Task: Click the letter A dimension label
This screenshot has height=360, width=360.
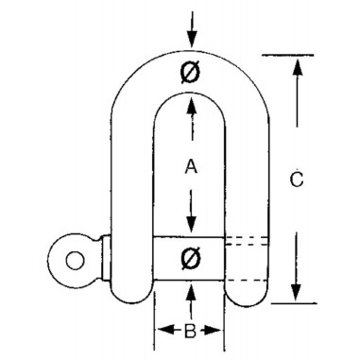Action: (x=190, y=167)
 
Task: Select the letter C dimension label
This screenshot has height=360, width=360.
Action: (x=297, y=179)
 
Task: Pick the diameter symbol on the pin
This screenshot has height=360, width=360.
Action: (x=190, y=257)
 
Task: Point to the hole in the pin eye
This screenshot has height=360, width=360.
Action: (x=68, y=256)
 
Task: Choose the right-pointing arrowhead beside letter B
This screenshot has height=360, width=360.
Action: (x=219, y=330)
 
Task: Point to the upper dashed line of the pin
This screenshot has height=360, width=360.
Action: (x=248, y=243)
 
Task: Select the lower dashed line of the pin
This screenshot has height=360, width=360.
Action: (x=248, y=279)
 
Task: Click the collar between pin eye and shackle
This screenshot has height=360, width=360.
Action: (x=105, y=256)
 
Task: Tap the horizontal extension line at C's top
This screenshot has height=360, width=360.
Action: (x=288, y=54)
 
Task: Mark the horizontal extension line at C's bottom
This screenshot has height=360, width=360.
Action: (x=288, y=304)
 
